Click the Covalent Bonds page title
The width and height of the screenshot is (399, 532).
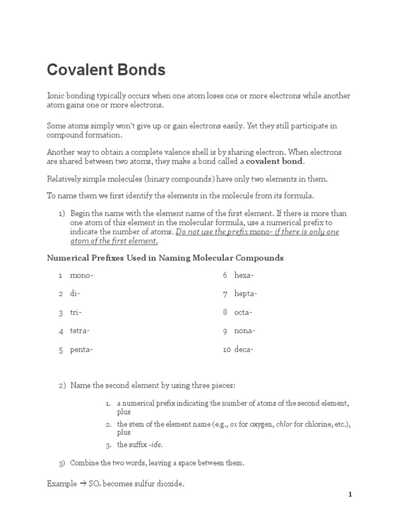tap(106, 70)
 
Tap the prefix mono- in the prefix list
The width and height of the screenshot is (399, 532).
tap(82, 275)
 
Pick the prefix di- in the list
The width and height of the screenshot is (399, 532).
tap(75, 294)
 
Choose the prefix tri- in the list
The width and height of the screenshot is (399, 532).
tap(76, 312)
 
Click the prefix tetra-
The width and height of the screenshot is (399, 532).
tap(80, 331)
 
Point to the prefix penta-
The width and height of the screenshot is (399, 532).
tap(82, 350)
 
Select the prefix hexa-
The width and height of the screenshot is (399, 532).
tap(244, 275)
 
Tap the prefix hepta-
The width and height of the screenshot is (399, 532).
tap(246, 294)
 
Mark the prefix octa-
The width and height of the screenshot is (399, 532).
tap(243, 312)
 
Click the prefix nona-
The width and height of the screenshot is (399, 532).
tap(245, 331)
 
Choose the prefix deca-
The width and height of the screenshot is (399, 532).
tap(244, 350)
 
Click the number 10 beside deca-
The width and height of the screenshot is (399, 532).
tap(227, 350)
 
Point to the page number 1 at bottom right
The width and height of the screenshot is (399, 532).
tap(350, 495)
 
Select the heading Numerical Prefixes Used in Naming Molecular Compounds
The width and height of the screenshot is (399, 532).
tap(165, 258)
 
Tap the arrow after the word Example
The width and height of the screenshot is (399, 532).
tap(82, 484)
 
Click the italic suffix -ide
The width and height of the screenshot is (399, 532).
tap(158, 445)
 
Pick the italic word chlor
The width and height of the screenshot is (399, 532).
tap(284, 424)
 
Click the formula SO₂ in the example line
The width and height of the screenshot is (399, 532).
tap(94, 484)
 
